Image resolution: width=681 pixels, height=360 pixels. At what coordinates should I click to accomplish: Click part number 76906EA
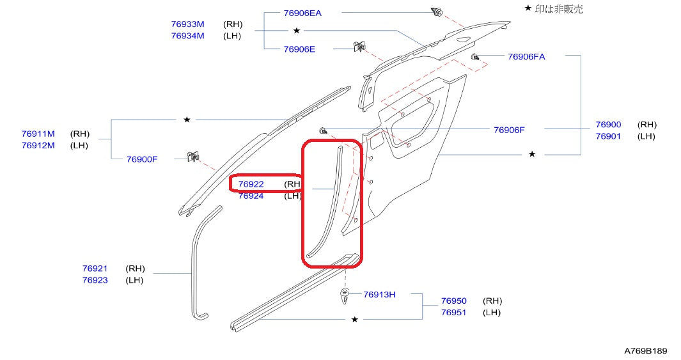[302, 13]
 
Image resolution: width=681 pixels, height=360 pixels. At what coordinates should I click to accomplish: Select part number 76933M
[187, 24]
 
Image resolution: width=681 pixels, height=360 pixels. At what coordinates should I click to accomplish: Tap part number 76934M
[187, 36]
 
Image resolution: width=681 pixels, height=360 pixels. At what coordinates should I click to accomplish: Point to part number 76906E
[299, 49]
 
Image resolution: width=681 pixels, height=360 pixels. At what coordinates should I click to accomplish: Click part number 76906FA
[526, 56]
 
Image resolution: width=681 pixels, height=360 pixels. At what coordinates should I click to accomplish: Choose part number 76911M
[38, 134]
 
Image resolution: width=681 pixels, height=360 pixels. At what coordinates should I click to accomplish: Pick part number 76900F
[141, 159]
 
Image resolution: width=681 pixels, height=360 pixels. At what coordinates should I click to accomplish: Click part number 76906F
[509, 130]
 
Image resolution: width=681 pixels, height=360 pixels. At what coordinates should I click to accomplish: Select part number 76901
[608, 136]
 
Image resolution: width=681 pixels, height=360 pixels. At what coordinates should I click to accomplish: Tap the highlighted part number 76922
[251, 184]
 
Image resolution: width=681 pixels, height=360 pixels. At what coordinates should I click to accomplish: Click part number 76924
[251, 196]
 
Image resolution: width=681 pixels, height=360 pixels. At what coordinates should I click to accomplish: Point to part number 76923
[95, 280]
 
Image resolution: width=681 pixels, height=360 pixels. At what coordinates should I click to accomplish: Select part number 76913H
[379, 295]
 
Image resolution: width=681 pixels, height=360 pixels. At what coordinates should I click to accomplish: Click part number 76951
[453, 312]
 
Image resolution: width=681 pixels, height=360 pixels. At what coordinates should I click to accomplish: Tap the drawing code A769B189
[645, 351]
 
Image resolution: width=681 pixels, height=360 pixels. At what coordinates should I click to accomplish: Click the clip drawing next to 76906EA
[437, 12]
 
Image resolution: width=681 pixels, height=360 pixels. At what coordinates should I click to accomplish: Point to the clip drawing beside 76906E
[359, 47]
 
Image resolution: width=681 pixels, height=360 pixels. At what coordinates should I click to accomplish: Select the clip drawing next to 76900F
[191, 156]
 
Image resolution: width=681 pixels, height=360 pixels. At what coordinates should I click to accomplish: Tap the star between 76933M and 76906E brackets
[297, 31]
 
